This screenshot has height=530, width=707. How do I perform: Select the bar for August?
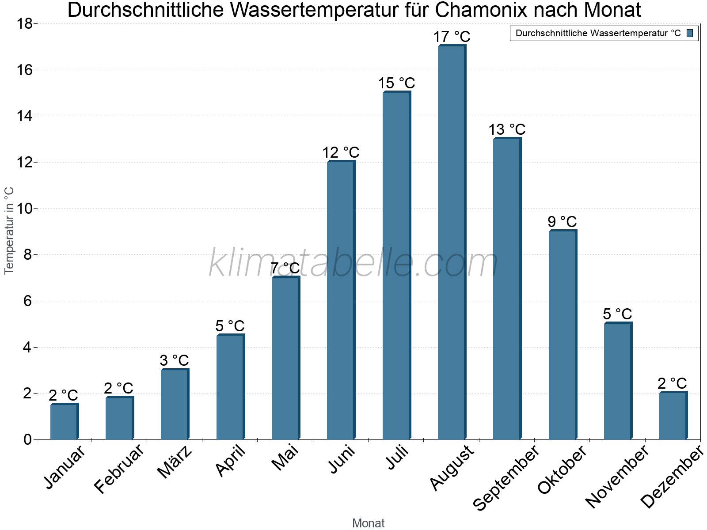[x=451, y=243]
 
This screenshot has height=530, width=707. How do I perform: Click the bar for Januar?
[x=64, y=422]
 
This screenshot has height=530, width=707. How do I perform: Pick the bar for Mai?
[x=285, y=358]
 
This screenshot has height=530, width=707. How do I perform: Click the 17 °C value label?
[x=451, y=37]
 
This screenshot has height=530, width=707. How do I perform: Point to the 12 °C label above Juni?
[x=340, y=152]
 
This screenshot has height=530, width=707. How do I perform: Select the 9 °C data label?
[x=562, y=222]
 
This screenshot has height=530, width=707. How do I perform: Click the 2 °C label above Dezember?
[x=672, y=383]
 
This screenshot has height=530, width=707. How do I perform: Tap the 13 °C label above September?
[x=507, y=129]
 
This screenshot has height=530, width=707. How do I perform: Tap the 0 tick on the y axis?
[x=27, y=439]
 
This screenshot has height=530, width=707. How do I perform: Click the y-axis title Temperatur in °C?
[x=9, y=231]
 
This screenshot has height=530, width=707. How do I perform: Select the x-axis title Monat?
[x=368, y=523]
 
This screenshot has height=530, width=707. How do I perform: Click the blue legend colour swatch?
[x=690, y=33]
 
